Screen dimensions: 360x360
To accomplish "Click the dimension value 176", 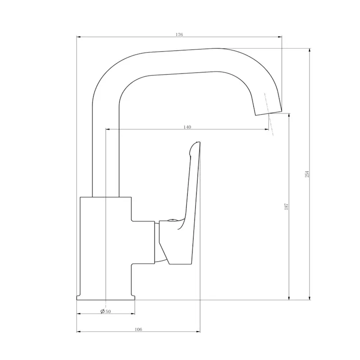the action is pyautogui.click(x=179, y=35).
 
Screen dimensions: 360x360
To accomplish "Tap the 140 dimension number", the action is pyautogui.click(x=187, y=127).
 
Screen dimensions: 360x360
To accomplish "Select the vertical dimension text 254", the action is pyautogui.click(x=307, y=174).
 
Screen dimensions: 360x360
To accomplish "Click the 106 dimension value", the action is pyautogui.click(x=138, y=329).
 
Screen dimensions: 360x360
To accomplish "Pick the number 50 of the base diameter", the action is pyautogui.click(x=108, y=311).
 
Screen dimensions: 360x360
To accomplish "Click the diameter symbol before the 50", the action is pyautogui.click(x=103, y=311).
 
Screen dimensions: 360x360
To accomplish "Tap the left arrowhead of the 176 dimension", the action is pyautogui.click(x=78, y=37).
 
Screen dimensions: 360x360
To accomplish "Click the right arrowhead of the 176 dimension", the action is pyautogui.click(x=280, y=37).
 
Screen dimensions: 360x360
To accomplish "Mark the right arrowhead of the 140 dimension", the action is pyautogui.click(x=266, y=130).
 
